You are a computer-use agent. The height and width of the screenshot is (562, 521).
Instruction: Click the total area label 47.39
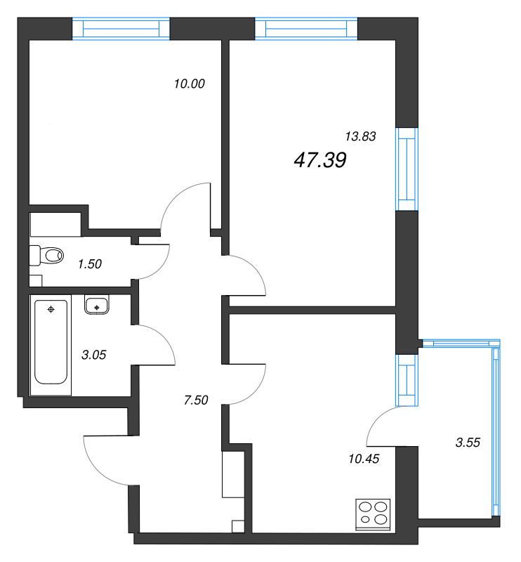[x=320, y=160]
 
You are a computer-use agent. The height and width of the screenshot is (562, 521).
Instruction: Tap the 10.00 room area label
[x=189, y=84]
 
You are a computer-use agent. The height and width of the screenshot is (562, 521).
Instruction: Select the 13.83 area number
[x=360, y=136]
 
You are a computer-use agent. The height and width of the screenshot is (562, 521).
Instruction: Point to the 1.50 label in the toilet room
[x=90, y=264]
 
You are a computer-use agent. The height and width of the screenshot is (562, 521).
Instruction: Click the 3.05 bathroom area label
[x=94, y=355]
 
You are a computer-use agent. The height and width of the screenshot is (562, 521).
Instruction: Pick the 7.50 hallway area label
[x=196, y=400]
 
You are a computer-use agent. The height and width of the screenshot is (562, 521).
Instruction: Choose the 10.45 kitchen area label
[x=364, y=459]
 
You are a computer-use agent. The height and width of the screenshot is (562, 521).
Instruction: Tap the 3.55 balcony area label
[x=468, y=443]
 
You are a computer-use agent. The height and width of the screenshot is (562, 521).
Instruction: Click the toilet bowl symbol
[x=46, y=256]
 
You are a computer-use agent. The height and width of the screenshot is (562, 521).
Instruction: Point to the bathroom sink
[x=97, y=305]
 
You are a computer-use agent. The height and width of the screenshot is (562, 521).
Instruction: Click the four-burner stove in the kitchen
[x=373, y=514]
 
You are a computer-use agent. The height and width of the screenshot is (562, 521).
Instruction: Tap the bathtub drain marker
[x=51, y=309]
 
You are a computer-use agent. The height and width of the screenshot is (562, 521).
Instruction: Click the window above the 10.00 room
[x=121, y=28]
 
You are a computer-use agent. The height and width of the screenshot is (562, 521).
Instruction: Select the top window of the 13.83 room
[x=306, y=28]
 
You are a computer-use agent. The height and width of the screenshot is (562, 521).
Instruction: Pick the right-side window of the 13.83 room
[x=407, y=169]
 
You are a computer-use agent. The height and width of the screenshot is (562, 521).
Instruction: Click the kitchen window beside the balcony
[x=407, y=380]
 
